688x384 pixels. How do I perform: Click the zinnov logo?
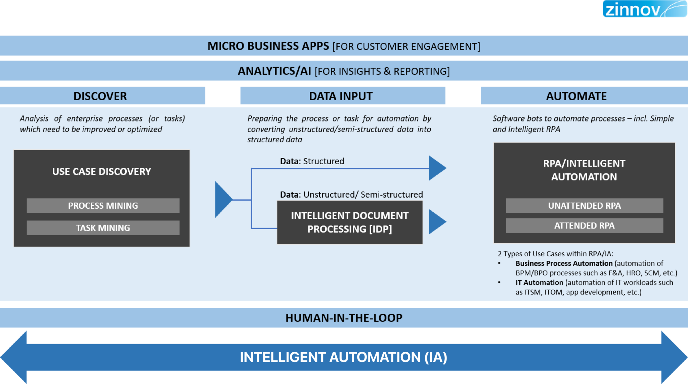[644, 9]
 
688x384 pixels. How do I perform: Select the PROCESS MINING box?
[103, 206]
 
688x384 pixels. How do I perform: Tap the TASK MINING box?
[103, 228]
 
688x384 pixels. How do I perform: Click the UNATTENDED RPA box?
[584, 206]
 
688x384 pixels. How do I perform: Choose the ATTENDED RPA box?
[584, 225]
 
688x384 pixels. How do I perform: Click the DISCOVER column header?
[100, 96]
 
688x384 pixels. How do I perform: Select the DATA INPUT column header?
[341, 96]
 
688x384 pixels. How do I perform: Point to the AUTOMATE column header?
[576, 96]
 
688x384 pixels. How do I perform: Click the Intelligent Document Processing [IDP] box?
[349, 222]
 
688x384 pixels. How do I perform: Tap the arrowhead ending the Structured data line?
[436, 168]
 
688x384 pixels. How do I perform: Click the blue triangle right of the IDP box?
[436, 222]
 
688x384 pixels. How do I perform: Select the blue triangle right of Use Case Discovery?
[222, 200]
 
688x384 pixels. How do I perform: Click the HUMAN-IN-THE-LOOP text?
[344, 318]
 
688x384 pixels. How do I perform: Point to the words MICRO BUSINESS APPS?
[268, 46]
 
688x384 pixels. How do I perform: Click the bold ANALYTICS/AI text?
[274, 71]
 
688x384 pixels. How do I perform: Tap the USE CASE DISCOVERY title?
[101, 172]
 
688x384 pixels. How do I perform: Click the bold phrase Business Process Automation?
[564, 264]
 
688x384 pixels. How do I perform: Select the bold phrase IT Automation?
[539, 283]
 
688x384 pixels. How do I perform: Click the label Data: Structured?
[312, 161]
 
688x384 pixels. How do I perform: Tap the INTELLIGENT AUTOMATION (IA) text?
[343, 357]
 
